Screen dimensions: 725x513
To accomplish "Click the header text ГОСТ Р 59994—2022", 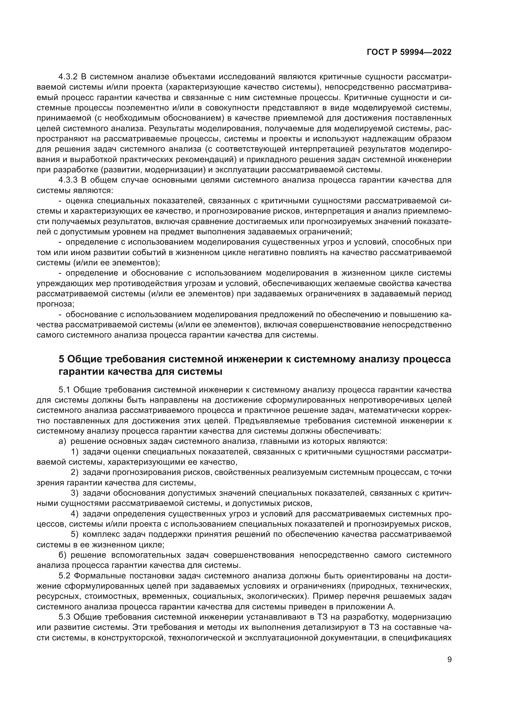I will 409,52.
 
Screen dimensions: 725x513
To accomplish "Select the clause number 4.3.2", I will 68,77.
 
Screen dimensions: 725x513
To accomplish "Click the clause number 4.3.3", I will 68,180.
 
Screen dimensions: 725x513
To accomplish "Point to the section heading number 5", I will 62,359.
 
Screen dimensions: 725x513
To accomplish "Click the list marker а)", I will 63,441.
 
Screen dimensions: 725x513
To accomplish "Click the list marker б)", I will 63,555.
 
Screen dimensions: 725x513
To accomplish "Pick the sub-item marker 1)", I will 74,452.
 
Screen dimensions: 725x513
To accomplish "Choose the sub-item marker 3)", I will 74,493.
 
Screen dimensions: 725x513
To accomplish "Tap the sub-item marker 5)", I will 74,534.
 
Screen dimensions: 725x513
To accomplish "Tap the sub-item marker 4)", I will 74,514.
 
